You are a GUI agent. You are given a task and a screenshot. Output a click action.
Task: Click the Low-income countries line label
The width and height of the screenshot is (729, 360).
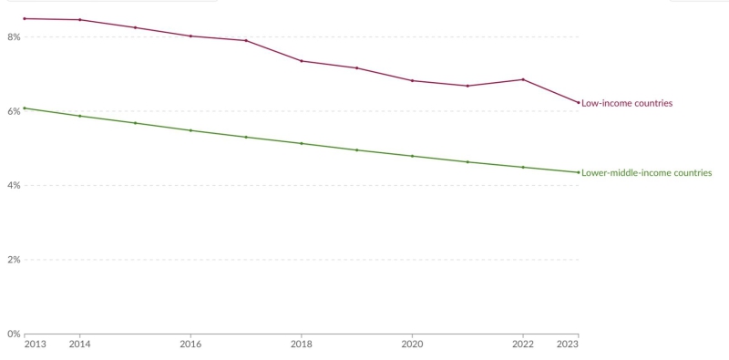(x=627, y=104)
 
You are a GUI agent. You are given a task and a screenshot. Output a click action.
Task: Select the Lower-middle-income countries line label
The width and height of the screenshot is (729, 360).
(x=646, y=173)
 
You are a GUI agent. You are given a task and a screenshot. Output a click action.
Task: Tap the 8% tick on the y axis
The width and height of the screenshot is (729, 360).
(x=13, y=37)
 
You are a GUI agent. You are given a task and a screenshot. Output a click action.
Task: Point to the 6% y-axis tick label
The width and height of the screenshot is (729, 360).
(x=13, y=111)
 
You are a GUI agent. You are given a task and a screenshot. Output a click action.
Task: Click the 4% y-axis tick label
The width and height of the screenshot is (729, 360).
(x=13, y=186)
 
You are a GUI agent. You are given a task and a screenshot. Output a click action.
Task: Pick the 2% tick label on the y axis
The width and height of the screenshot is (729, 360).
(x=13, y=260)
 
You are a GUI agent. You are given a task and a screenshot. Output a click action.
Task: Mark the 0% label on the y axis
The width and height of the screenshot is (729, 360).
(x=13, y=334)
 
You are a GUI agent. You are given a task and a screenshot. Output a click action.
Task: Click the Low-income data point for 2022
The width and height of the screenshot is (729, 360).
(x=522, y=79)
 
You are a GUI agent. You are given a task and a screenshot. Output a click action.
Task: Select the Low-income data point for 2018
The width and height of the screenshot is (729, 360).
(x=302, y=61)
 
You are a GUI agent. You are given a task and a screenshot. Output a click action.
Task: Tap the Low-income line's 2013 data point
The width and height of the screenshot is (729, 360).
(x=25, y=18)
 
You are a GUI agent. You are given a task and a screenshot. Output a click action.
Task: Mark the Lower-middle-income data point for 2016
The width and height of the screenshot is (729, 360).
(x=190, y=130)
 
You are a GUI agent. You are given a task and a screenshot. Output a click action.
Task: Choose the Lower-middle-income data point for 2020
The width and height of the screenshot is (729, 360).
(x=412, y=156)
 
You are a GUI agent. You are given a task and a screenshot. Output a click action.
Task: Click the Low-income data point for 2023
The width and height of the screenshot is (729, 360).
(x=578, y=102)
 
